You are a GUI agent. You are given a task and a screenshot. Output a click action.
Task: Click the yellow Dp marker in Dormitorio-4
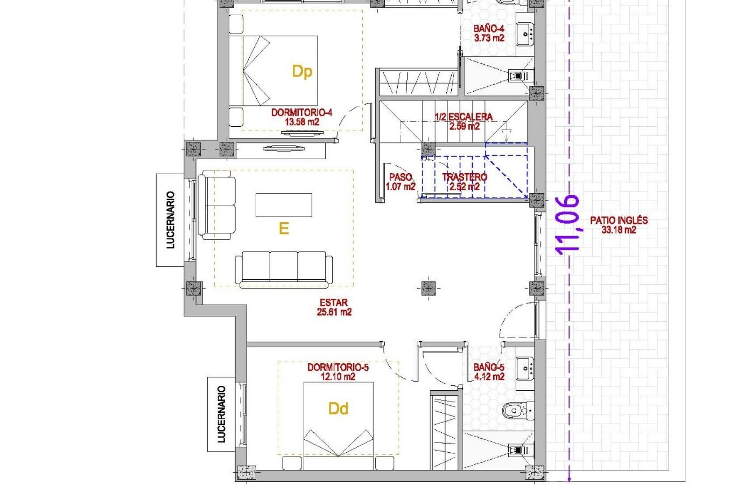click(302, 72)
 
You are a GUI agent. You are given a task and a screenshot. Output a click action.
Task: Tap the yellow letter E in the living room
click(284, 228)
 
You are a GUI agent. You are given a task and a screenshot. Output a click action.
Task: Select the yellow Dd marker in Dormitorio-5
click(338, 409)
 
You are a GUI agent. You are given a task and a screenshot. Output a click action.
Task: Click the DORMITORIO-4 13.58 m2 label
click(302, 117)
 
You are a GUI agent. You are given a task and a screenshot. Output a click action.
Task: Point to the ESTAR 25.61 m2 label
click(334, 307)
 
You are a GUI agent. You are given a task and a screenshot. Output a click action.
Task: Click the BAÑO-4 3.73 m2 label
click(489, 33)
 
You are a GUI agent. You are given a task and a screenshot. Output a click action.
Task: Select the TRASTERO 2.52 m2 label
click(464, 181)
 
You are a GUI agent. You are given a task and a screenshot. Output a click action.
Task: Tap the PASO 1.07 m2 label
click(400, 181)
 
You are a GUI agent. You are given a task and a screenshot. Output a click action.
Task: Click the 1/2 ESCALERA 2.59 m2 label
click(464, 121)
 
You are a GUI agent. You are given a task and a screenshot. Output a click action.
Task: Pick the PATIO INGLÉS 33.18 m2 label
click(619, 225)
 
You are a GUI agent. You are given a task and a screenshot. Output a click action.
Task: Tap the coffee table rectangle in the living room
click(284, 205)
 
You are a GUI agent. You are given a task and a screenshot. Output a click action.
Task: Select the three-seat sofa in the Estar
click(284, 268)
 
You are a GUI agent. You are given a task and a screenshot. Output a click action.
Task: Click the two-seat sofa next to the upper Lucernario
click(217, 205)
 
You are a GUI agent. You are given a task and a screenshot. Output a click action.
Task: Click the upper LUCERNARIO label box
click(170, 220)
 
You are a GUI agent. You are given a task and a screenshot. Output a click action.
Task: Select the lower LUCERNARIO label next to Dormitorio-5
click(221, 414)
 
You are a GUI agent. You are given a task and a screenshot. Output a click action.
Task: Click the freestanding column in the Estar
click(428, 288)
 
